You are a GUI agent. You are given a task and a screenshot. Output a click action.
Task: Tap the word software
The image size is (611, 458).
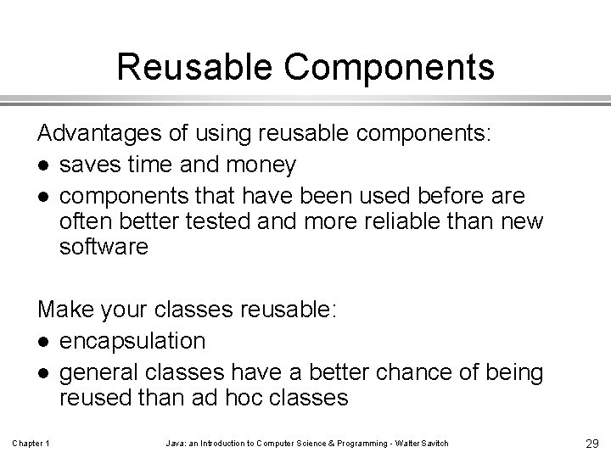click(x=104, y=247)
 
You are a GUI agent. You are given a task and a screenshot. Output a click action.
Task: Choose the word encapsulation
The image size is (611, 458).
click(x=132, y=341)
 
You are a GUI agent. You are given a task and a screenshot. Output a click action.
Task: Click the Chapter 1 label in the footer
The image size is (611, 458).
click(x=31, y=444)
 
